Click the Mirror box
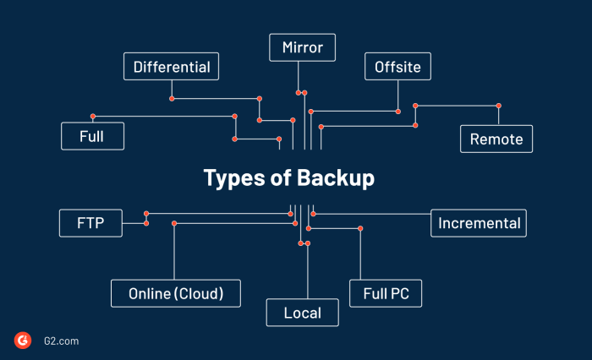pos(302,47)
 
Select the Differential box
pos(172,66)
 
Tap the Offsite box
pos(398,66)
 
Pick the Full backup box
pos(92,136)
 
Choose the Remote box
pos(496,139)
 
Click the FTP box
pos(90,223)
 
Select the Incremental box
pos(479,223)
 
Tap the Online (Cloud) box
pos(176,293)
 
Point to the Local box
pos(303,313)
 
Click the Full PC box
pos(385,293)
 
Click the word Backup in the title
pos(335,179)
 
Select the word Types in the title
pos(233,179)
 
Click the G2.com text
pos(61,341)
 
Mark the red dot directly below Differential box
pos(172,99)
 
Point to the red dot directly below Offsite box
pos(398,111)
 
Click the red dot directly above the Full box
pos(93,116)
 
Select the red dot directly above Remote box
pos(499,106)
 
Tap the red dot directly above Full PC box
pos(360,228)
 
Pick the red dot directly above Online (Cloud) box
pos(174,223)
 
